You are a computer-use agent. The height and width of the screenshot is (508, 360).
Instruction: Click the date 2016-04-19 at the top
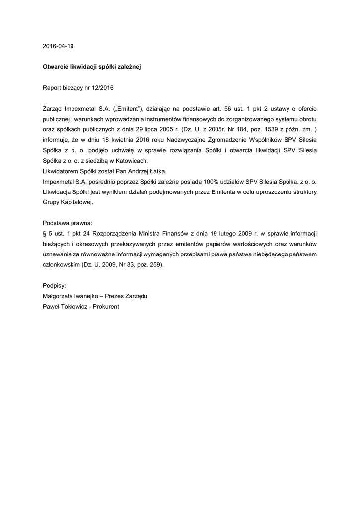58,46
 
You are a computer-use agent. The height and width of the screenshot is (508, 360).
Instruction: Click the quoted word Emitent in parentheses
129,108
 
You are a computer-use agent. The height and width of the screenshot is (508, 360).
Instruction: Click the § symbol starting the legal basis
45,233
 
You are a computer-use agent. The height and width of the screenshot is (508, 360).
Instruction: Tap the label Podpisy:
55,285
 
